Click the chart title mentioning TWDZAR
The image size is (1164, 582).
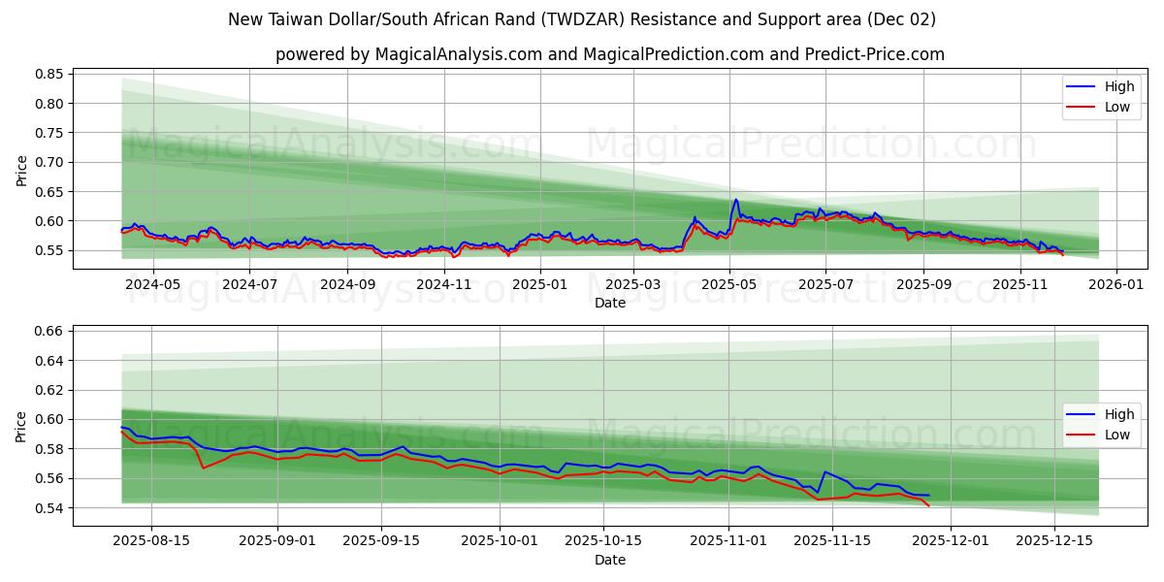(x=582, y=19)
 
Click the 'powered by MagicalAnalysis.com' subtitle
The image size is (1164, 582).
(x=609, y=54)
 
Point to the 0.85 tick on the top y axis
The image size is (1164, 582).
(x=49, y=74)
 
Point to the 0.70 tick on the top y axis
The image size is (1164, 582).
(x=49, y=162)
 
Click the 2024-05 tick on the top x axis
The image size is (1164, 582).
(x=153, y=284)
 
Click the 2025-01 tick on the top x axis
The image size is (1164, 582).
(x=539, y=284)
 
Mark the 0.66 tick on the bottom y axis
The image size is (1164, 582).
(x=49, y=331)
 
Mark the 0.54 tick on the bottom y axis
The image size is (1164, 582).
(x=49, y=507)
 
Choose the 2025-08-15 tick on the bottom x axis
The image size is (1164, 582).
(x=152, y=540)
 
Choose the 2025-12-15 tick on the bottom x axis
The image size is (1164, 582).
(x=1054, y=540)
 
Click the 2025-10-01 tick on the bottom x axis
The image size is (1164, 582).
(x=500, y=540)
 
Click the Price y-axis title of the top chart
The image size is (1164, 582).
(x=22, y=170)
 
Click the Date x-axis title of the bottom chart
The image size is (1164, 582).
(x=609, y=560)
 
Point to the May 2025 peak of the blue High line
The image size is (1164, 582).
(x=735, y=200)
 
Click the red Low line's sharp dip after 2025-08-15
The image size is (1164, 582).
(x=203, y=468)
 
